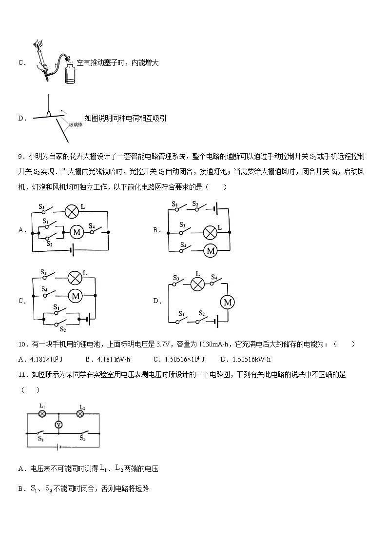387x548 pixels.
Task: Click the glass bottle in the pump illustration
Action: click(x=70, y=73)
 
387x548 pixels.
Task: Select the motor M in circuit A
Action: click(x=76, y=232)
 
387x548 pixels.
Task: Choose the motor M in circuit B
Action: click(x=211, y=250)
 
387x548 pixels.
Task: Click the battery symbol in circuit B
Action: click(x=215, y=210)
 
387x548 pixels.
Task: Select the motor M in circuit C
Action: click(x=76, y=295)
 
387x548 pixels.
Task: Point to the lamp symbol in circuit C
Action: click(x=75, y=277)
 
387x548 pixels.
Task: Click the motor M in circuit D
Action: click(x=227, y=303)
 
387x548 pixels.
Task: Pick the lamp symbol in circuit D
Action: click(x=197, y=284)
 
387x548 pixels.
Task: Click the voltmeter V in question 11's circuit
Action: click(x=58, y=425)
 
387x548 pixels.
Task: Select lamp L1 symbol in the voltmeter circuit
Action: click(x=42, y=413)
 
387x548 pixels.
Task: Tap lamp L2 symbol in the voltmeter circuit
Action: click(x=81, y=414)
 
